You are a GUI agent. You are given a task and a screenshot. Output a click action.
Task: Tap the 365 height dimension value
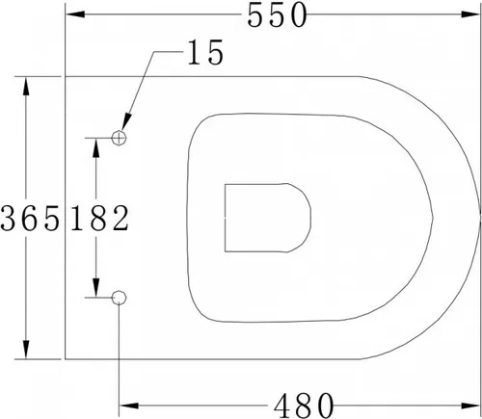[32, 220]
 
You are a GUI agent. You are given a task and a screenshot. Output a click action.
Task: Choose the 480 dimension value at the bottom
[301, 402]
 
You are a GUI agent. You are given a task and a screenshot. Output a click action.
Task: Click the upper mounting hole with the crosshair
[120, 138]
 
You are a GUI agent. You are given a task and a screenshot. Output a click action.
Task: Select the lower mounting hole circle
[120, 298]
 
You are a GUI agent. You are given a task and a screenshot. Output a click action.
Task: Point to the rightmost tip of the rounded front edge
[479, 218]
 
